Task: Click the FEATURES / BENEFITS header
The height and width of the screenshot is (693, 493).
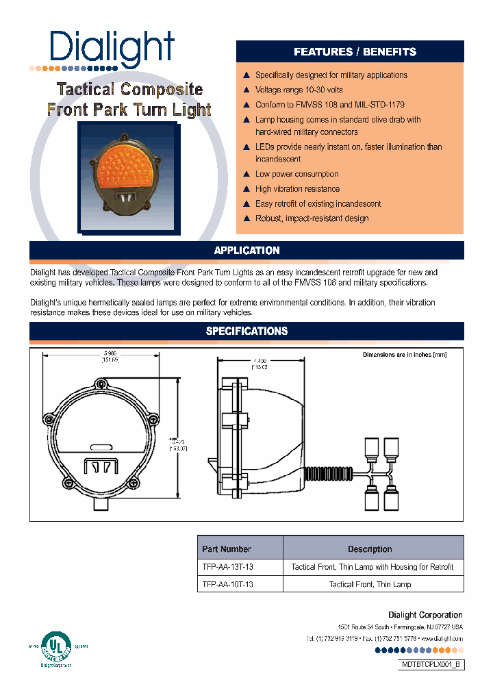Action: (x=355, y=52)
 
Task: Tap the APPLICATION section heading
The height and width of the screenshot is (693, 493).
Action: (x=246, y=251)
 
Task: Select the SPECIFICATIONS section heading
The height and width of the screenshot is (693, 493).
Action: (x=246, y=331)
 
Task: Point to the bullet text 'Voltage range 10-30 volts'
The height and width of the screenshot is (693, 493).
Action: (x=299, y=90)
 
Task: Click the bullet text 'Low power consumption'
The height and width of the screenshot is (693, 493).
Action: (x=296, y=174)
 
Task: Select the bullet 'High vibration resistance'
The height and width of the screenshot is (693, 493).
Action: (x=297, y=189)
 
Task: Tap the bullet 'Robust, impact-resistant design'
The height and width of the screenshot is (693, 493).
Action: (x=312, y=218)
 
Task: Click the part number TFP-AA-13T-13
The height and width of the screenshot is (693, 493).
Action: (x=228, y=567)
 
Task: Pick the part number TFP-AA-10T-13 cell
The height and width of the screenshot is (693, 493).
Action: (x=228, y=584)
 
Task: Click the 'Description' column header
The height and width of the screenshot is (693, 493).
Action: (x=370, y=549)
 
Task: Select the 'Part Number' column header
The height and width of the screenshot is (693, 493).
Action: (x=227, y=549)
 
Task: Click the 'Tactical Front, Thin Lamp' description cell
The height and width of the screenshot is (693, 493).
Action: (x=370, y=584)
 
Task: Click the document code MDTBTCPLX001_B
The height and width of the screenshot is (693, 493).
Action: (x=431, y=665)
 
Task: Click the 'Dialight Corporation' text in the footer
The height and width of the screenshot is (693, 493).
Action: (x=425, y=615)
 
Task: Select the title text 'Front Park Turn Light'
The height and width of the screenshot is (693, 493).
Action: (x=129, y=110)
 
